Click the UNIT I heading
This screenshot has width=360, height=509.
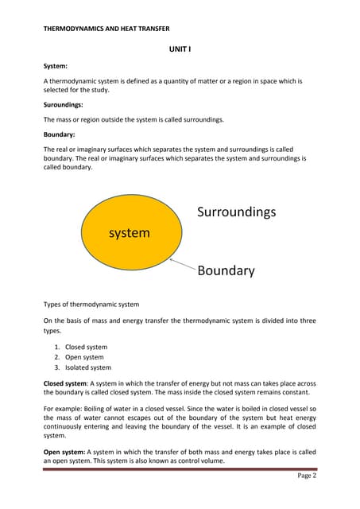click(x=180, y=49)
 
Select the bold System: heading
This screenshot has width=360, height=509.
click(x=55, y=68)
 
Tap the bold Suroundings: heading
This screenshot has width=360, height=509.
click(x=65, y=105)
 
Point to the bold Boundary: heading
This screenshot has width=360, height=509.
click(x=59, y=134)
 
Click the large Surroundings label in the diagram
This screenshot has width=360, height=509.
click(x=236, y=212)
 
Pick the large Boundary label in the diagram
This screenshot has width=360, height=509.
click(x=226, y=270)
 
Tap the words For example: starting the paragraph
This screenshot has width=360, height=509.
click(x=64, y=409)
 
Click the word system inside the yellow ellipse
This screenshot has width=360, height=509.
click(x=129, y=233)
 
